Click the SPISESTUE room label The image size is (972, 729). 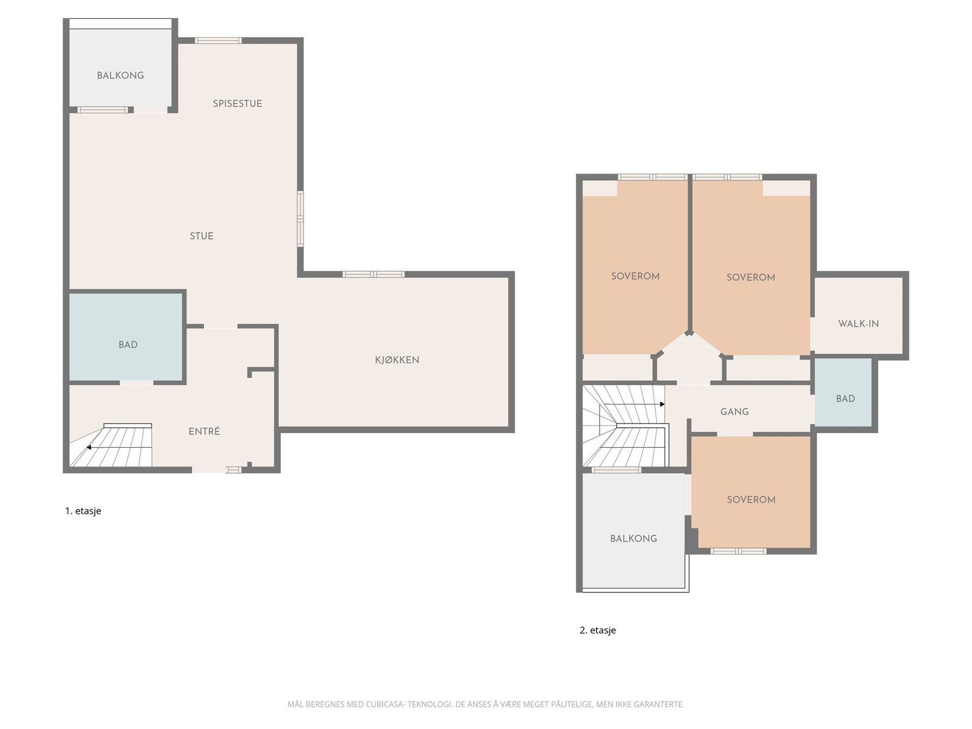[238, 103]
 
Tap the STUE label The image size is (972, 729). [202, 236]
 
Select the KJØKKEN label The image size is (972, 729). [397, 360]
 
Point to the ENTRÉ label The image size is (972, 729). [204, 431]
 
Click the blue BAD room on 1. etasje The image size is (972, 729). [126, 337]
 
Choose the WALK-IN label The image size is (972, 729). [858, 324]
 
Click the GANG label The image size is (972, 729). [734, 412]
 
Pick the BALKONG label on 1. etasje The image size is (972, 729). [120, 75]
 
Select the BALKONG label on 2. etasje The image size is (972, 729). [634, 539]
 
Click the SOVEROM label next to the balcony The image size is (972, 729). [751, 500]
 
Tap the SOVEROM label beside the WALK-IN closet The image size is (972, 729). [751, 278]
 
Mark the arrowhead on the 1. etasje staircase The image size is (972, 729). [89, 448]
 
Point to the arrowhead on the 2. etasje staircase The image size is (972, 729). [662, 404]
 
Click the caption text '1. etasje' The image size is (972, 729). [83, 511]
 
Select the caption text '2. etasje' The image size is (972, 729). [598, 631]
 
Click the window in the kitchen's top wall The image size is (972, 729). [373, 275]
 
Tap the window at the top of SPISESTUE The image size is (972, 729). [218, 41]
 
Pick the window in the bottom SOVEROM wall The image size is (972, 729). [738, 551]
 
